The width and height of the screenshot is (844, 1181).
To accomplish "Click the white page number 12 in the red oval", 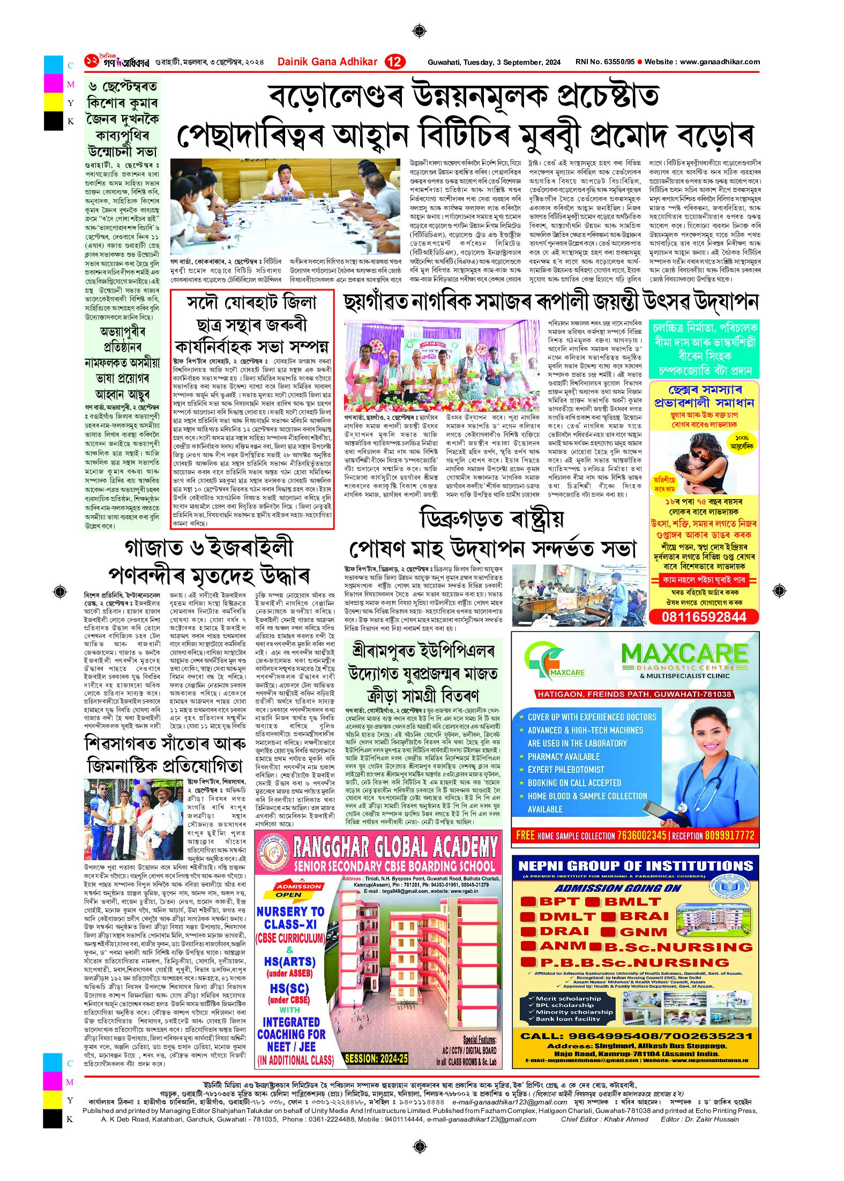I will point(394,62).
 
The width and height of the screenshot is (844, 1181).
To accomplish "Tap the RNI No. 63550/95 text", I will point(604,62).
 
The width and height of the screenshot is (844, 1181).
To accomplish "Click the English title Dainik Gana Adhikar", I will point(327,62).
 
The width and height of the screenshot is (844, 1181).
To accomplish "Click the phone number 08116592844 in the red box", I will point(704,617).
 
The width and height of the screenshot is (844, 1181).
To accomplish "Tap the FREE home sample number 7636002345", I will point(641,835).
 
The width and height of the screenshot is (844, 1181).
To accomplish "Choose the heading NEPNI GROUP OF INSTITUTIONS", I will point(636,866).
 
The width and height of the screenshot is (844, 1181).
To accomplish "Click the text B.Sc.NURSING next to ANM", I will point(678,946).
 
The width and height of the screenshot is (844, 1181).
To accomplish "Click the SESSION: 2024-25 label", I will point(376,1058).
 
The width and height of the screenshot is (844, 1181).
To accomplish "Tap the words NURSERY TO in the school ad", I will point(290,912).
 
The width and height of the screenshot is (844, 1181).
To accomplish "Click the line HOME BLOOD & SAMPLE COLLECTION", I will point(587,796).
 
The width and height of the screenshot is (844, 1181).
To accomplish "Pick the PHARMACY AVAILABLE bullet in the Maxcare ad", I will point(563,756).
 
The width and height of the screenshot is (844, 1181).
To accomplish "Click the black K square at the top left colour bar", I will point(54,122).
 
